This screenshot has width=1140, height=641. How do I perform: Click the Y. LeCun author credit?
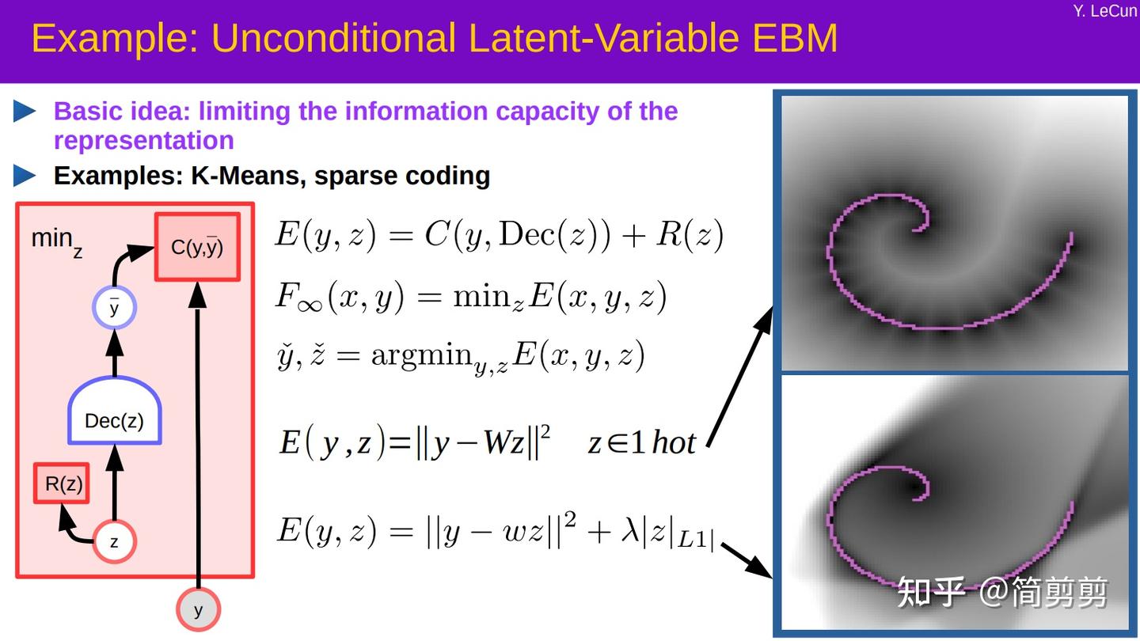(1105, 11)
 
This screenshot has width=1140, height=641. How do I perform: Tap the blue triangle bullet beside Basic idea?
(25, 112)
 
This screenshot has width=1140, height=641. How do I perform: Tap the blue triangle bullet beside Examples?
(25, 176)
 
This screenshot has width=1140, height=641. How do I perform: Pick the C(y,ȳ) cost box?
(197, 247)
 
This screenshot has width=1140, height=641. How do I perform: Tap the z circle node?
(115, 543)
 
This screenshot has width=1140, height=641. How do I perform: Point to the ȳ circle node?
(115, 308)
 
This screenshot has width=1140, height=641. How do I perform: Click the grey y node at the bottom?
(198, 610)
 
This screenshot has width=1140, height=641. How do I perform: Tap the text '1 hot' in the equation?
(662, 443)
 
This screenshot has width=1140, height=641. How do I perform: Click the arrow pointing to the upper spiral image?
(739, 376)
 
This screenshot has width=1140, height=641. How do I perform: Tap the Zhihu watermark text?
(1001, 592)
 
